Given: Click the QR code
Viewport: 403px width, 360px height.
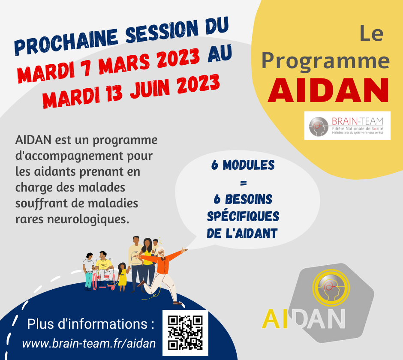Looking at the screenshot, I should pos(185,333).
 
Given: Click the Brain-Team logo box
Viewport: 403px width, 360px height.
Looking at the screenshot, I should pos(347,125).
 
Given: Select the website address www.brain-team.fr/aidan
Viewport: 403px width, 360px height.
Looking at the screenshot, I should pos(89,344).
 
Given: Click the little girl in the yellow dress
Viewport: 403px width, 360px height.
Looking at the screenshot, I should pos(122,276).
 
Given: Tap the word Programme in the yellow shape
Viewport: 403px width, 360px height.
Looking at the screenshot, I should pos(325,60).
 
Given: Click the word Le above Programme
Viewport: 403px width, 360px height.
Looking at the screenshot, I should pos(371,34).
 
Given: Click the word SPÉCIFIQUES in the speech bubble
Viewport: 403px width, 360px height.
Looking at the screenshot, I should pos(243,216).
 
